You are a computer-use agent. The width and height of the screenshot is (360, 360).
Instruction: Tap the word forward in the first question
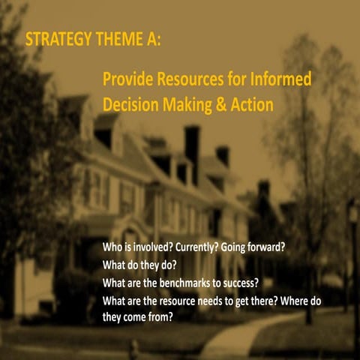pyautogui.click(x=267, y=247)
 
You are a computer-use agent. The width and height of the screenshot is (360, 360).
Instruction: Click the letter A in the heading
pyautogui.click(x=151, y=39)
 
